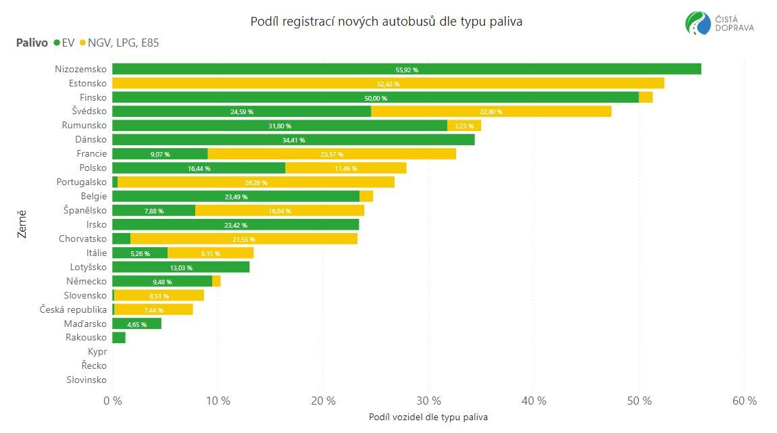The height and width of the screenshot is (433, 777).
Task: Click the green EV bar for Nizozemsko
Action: click(x=406, y=69)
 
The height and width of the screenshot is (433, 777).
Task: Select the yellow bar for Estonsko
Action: click(x=388, y=83)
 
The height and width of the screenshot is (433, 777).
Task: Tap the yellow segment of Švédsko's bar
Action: click(x=491, y=111)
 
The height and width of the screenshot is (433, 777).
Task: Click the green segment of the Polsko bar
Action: click(x=199, y=168)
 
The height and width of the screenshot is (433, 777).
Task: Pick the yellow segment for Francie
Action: click(x=331, y=154)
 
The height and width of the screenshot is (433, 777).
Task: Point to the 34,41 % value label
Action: click(x=293, y=140)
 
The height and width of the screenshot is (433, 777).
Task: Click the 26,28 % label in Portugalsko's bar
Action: click(x=255, y=182)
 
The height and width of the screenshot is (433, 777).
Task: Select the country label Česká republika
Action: click(x=73, y=309)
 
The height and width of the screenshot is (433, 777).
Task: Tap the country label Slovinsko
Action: click(x=86, y=380)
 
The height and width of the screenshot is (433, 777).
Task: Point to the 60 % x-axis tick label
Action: click(x=744, y=401)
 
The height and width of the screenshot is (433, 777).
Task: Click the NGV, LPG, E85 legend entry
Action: click(x=119, y=43)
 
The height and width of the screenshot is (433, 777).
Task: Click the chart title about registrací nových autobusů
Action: click(x=386, y=22)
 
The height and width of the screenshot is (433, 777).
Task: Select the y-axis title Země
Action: click(x=22, y=224)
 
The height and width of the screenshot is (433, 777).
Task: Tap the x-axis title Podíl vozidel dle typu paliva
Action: click(x=428, y=417)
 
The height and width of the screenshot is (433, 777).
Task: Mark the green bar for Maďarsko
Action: click(x=136, y=324)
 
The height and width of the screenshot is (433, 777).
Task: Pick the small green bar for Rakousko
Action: click(x=119, y=338)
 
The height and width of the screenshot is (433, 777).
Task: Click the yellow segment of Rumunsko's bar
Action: click(x=464, y=126)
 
